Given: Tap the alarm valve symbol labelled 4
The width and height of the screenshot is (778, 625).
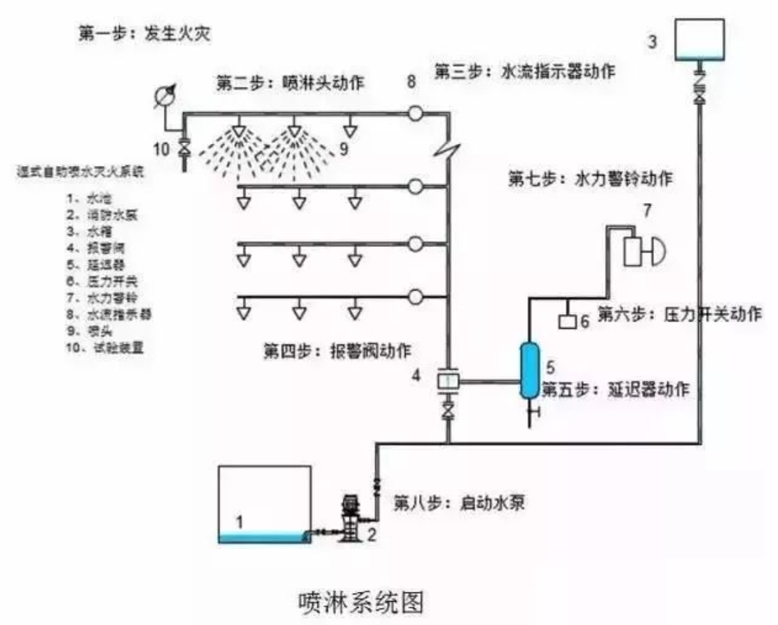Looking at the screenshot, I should tap(449, 381).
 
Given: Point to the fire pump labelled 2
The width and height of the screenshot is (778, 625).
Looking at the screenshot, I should tap(351, 518).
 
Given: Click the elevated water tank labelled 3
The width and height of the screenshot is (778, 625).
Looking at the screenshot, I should tap(699, 39).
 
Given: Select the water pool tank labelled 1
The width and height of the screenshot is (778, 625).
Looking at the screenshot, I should tap(263, 504).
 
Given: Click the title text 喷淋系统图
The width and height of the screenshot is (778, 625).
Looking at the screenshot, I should tap(361, 601).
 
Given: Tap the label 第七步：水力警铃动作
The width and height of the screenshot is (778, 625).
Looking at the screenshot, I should tap(590, 178).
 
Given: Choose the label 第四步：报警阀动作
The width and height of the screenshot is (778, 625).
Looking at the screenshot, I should tap(337, 349).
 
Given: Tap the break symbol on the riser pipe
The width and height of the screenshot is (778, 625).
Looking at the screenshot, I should tap(448, 151).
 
